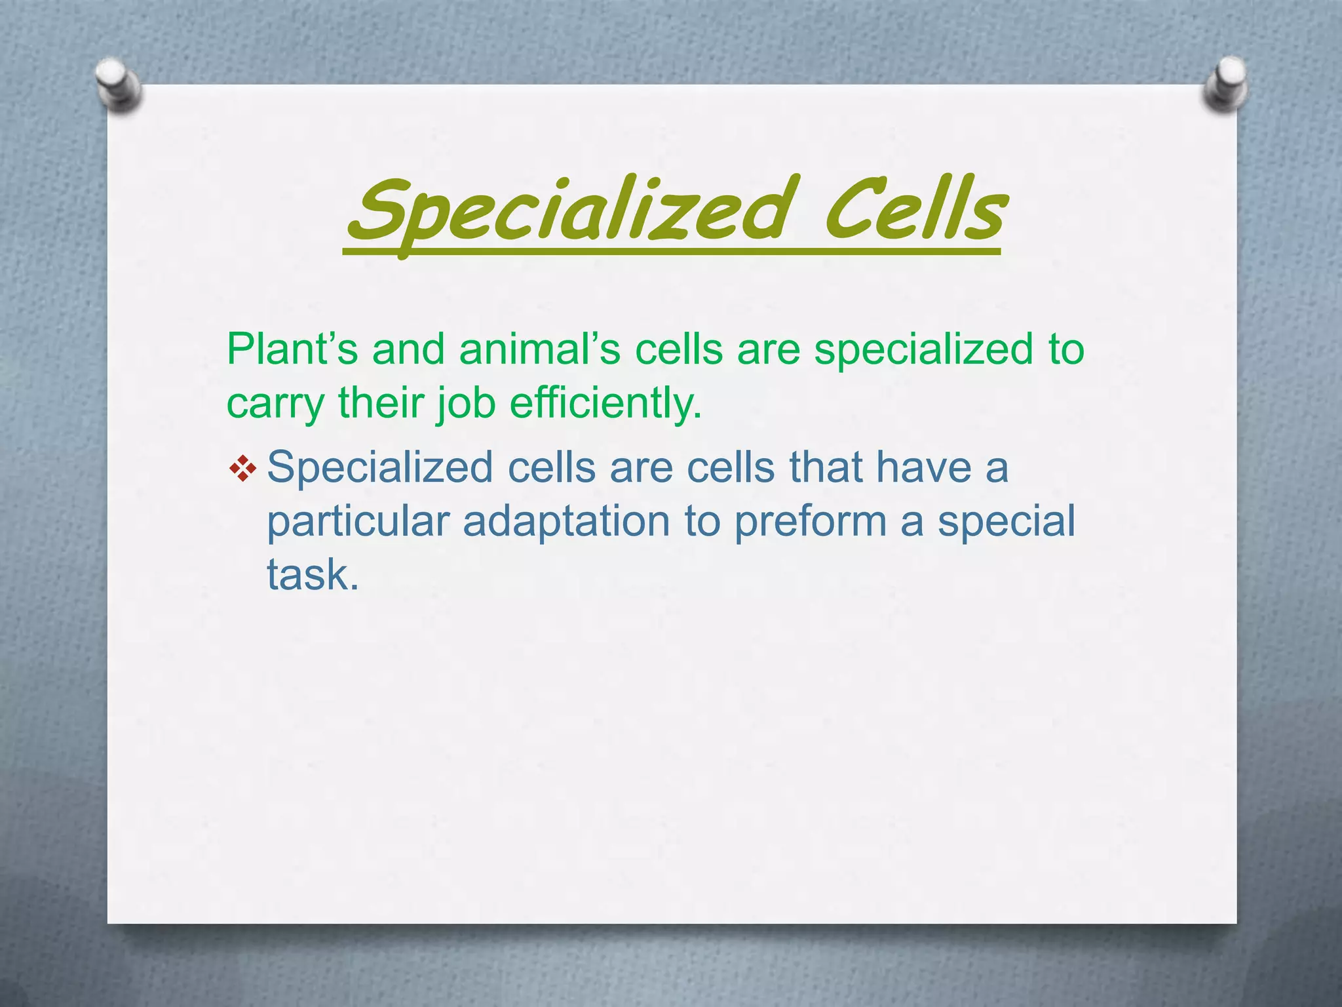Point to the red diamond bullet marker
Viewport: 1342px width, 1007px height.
pos(243,469)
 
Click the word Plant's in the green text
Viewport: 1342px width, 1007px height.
pos(292,349)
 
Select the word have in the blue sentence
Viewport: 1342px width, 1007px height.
pos(923,468)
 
